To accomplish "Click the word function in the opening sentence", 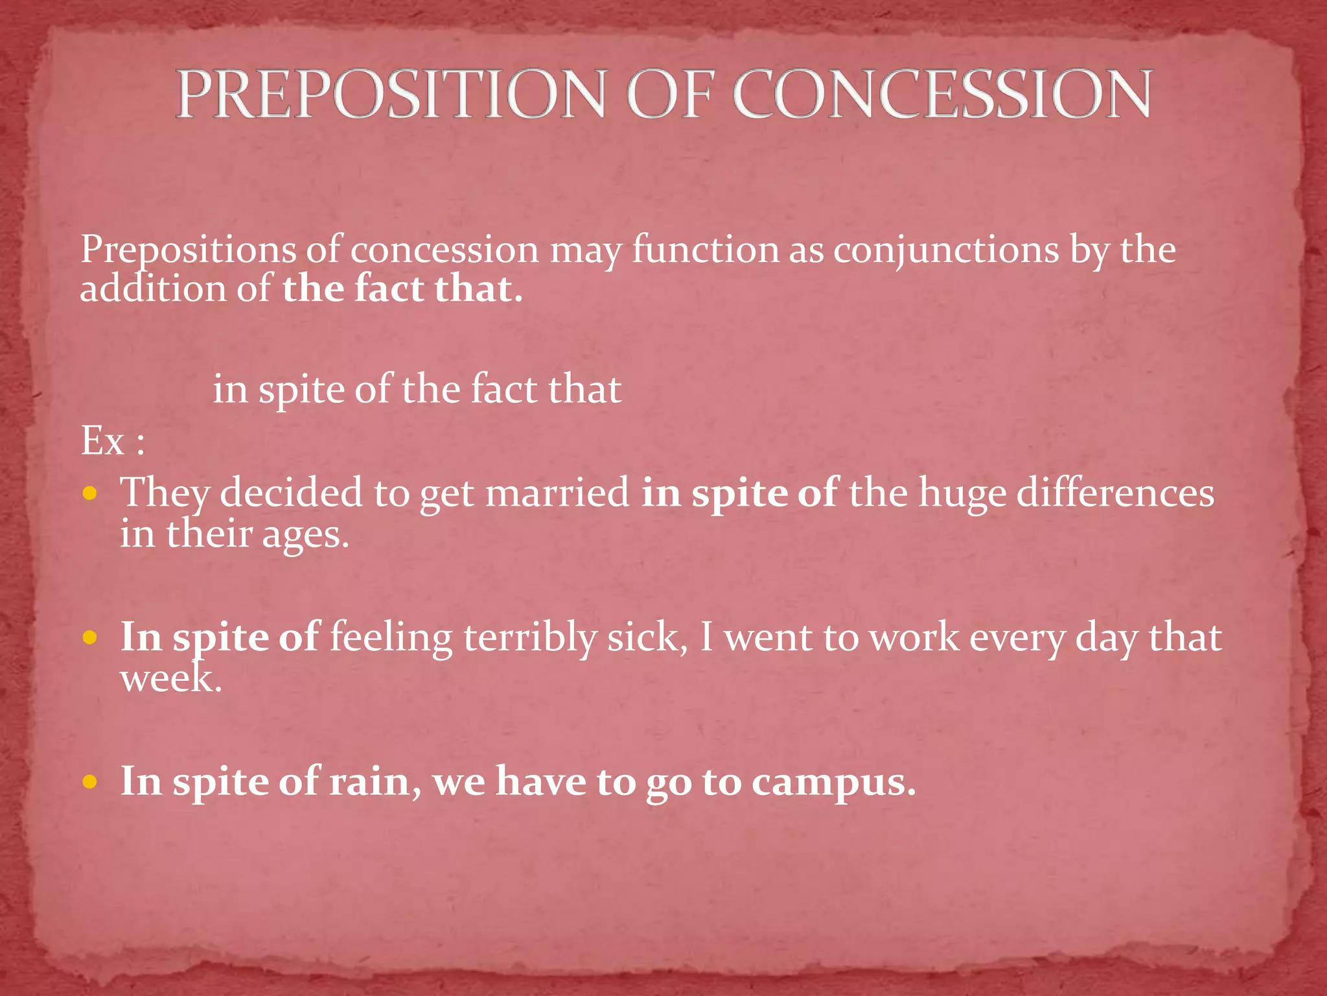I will pyautogui.click(x=705, y=250).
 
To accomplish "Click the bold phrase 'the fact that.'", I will pyautogui.click(x=402, y=289).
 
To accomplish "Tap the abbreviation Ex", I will pyautogui.click(x=102, y=442).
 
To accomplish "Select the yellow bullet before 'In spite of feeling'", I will pyautogui.click(x=90, y=637).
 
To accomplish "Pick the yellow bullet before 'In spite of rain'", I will pyautogui.click(x=90, y=782).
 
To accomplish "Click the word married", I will pyautogui.click(x=557, y=492).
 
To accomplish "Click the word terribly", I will pyautogui.click(x=529, y=637).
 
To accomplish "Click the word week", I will pyautogui.click(x=170, y=680).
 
